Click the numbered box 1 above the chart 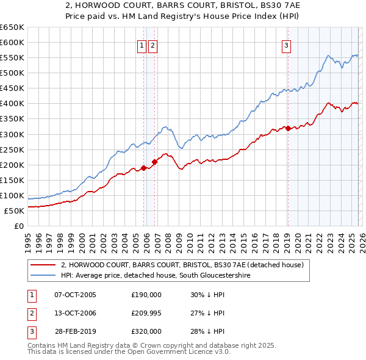pyautogui.click(x=142, y=45)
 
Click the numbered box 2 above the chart pyautogui.click(x=152, y=45)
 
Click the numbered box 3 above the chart pyautogui.click(x=286, y=45)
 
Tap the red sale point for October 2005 pyautogui.click(x=144, y=168)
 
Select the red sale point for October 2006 pyautogui.click(x=155, y=162)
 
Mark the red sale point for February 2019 pyautogui.click(x=288, y=128)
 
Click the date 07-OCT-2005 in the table pyautogui.click(x=74, y=295)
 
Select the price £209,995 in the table pyautogui.click(x=146, y=313)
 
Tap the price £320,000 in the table pyautogui.click(x=146, y=331)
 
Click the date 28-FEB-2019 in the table pyautogui.click(x=74, y=331)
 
